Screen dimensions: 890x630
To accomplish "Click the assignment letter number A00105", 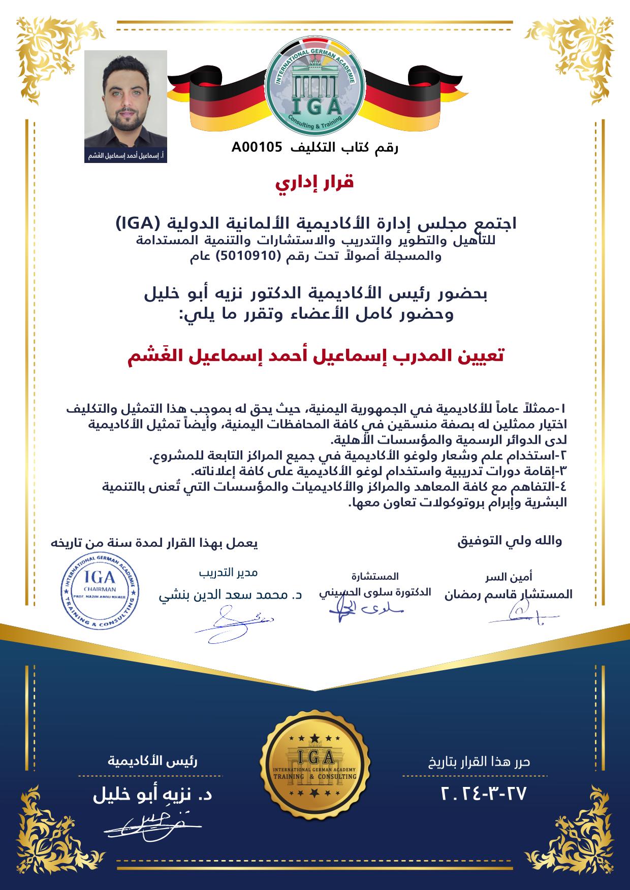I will click(x=256, y=148).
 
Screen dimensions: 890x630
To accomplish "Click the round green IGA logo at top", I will click(x=315, y=89).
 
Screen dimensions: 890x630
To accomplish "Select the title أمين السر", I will click(x=509, y=577).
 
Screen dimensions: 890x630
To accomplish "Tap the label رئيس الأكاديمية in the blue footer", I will click(x=152, y=761).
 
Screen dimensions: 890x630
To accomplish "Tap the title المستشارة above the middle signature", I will click(x=375, y=576).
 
